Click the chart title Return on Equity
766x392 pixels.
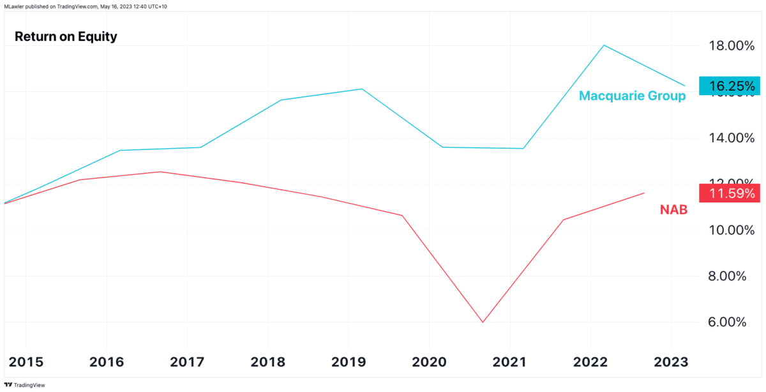(x=66, y=36)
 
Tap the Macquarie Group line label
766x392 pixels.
(x=632, y=96)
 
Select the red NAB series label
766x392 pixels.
(x=673, y=209)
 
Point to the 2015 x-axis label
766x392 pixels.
(x=27, y=362)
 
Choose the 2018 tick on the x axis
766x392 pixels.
(x=268, y=362)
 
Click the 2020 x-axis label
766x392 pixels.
(x=429, y=362)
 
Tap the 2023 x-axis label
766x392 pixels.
(x=670, y=362)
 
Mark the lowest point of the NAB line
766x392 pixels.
(x=483, y=322)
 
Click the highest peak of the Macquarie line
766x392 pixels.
(x=603, y=45)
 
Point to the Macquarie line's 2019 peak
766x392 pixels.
(x=362, y=89)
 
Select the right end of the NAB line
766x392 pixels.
(x=644, y=193)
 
